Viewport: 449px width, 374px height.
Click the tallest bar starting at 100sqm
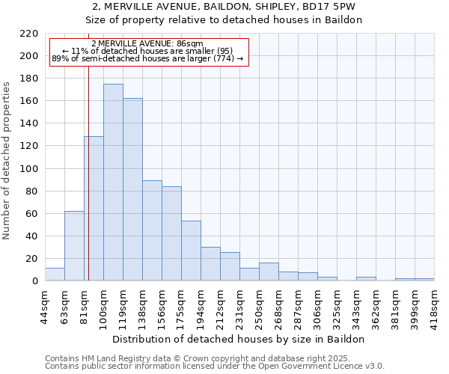[113, 183]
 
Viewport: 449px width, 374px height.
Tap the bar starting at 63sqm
[74, 246]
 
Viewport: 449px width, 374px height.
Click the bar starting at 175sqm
[191, 251]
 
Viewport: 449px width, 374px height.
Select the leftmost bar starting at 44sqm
[55, 275]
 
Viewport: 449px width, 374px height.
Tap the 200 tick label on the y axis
[30, 56]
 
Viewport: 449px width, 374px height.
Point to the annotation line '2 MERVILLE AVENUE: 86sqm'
[147, 44]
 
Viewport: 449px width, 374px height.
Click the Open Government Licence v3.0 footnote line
[215, 367]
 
